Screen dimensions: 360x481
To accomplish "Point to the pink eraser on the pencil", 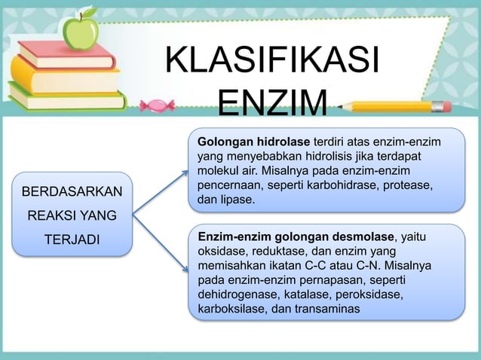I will tap(442, 106).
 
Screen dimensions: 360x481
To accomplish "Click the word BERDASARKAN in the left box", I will tap(72, 192).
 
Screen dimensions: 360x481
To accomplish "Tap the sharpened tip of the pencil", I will tap(343, 108).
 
